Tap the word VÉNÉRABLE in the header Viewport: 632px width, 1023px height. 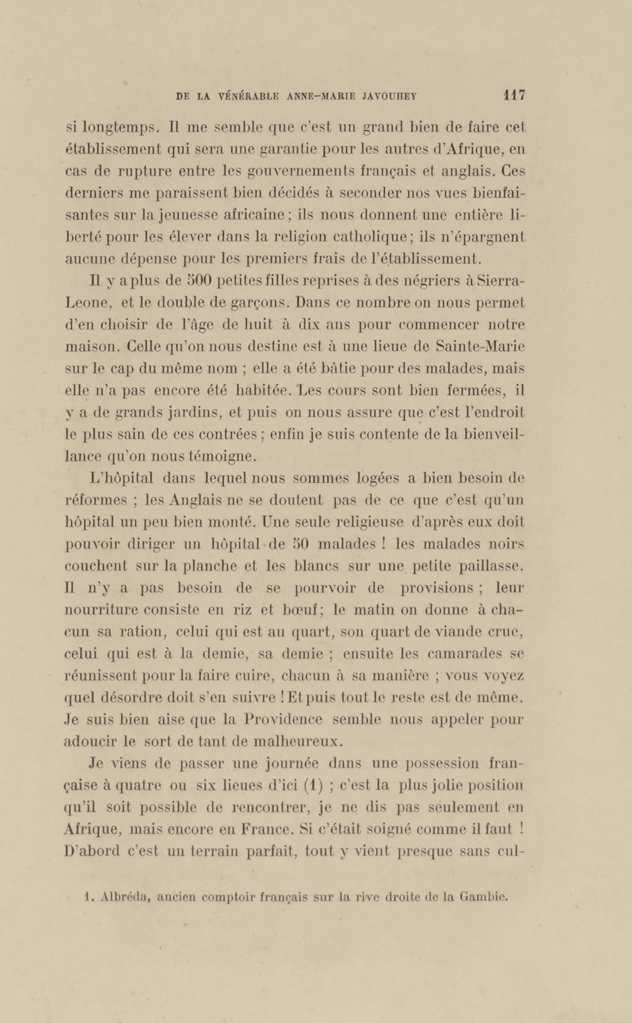248,97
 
